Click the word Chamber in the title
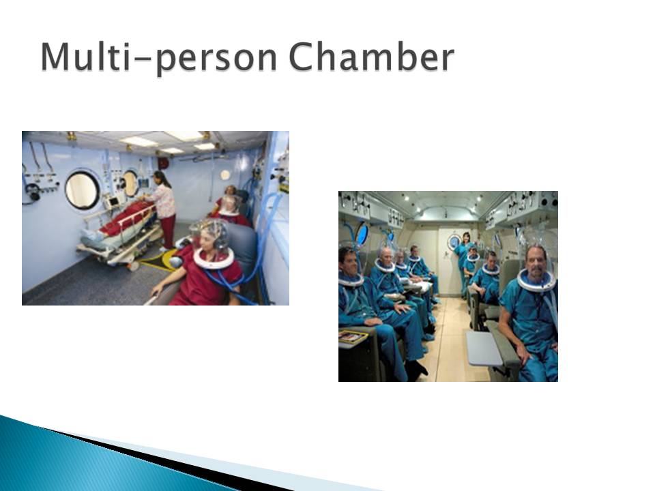371,57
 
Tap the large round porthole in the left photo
83,190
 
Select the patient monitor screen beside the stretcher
113,202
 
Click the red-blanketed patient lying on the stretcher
121,217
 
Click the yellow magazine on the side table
353,336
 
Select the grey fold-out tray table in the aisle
484,348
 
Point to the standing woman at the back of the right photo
464,263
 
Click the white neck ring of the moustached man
536,280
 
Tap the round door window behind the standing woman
454,241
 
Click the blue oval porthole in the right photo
362,234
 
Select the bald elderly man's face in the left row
387,254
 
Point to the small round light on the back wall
225,175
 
